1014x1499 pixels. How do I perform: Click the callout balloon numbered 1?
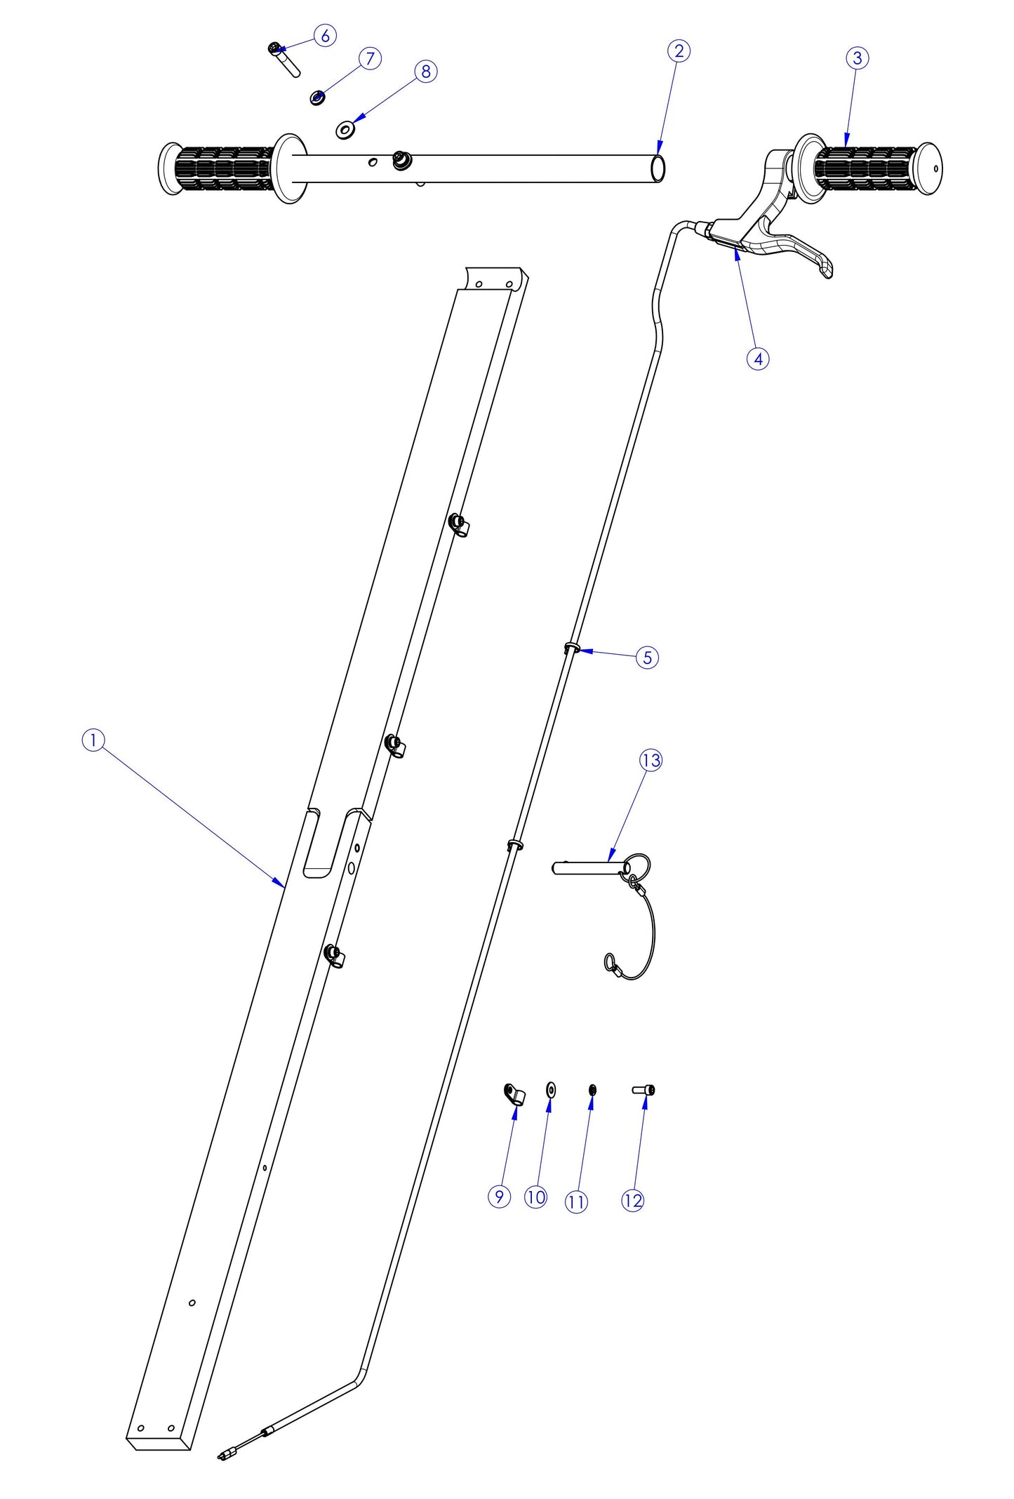93,740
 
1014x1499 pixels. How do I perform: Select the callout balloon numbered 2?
679,51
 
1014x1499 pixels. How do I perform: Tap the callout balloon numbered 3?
857,58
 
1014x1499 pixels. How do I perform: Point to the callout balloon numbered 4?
758,359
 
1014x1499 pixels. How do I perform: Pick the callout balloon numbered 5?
647,658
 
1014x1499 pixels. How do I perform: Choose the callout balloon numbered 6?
325,35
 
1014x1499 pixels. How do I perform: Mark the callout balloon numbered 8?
425,71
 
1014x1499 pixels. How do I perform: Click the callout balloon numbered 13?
651,760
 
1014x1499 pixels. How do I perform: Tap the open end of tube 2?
658,168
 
